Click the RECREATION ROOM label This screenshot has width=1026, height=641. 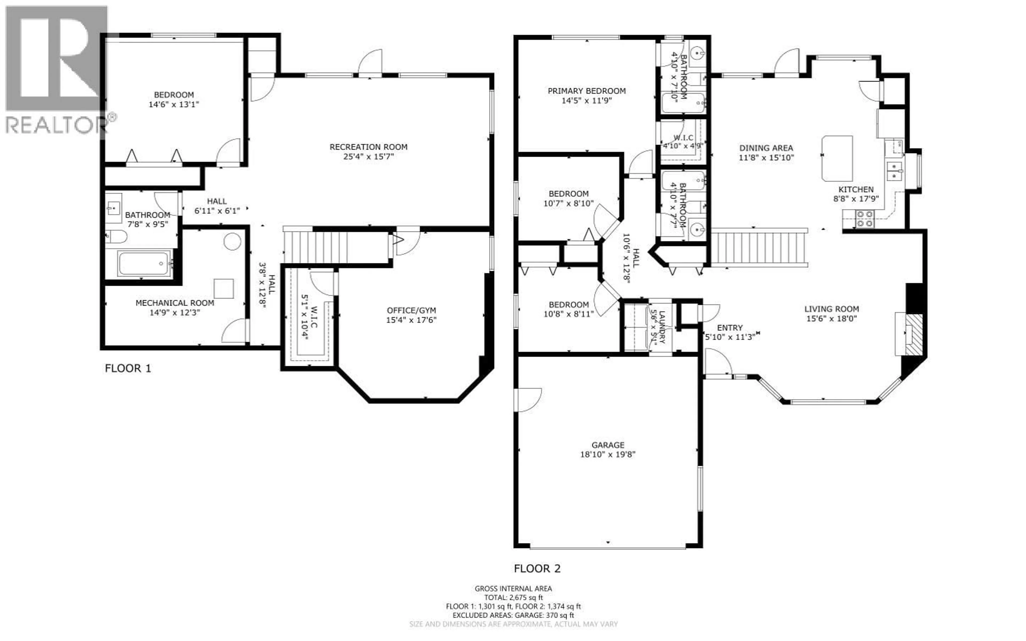pos(368,147)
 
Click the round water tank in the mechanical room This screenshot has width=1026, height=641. pos(232,241)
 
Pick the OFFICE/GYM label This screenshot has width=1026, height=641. pos(411,310)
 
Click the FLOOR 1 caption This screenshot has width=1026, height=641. pos(127,368)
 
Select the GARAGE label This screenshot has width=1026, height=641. pos(608,445)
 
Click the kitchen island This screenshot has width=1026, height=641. pos(837,158)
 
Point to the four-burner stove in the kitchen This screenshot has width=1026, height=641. pos(864,219)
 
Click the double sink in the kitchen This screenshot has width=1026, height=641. pos(894,171)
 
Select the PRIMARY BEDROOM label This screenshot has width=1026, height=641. pos(586,91)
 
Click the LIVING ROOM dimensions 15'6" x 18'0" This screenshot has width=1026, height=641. pos(831,318)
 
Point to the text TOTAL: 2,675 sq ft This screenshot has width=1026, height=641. pos(513,597)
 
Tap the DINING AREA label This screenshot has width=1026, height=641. pos(766,148)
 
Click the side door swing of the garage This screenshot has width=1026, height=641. pos(528,399)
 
